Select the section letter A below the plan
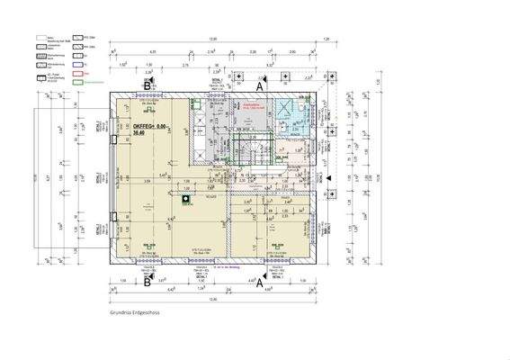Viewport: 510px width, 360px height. pyautogui.click(x=261, y=282)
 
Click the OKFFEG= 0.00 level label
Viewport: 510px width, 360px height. pyautogui.click(x=149, y=126)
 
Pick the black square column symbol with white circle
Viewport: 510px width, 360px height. pyautogui.click(x=186, y=200)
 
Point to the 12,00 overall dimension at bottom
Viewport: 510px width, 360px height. pyautogui.click(x=213, y=300)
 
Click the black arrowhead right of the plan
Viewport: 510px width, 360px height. pyautogui.click(x=327, y=178)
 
